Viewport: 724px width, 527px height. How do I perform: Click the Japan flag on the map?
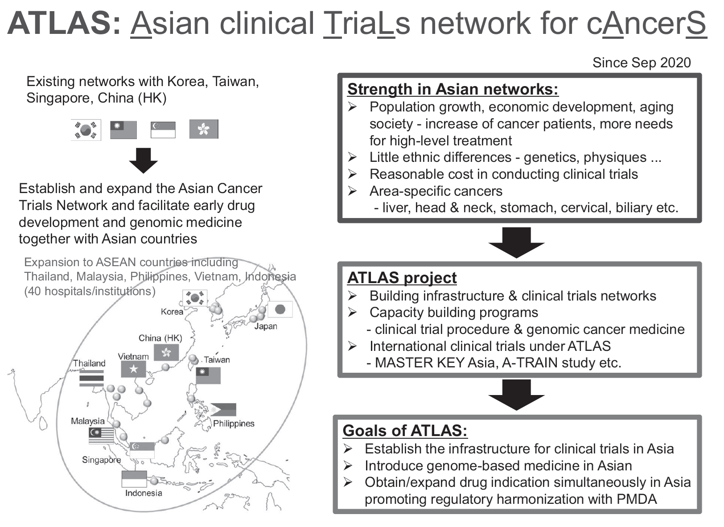(280, 309)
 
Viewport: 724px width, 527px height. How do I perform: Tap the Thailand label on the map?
(89, 363)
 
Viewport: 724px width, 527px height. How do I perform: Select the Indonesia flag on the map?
(134, 479)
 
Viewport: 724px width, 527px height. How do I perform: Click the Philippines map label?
(234, 424)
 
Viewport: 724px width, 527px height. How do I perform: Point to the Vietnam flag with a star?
(133, 369)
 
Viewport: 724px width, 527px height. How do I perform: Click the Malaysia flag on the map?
(101, 436)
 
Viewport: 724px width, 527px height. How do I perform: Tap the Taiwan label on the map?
(217, 360)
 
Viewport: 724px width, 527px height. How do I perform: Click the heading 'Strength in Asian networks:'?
(452, 89)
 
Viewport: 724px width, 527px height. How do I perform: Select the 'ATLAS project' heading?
(402, 278)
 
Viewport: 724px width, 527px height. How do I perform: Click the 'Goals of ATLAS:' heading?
(405, 431)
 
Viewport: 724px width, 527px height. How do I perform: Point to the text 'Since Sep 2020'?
(641, 63)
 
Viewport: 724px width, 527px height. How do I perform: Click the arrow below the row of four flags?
(143, 160)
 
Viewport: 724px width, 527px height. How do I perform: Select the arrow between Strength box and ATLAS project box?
(516, 242)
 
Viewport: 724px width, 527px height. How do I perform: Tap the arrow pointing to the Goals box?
(516, 395)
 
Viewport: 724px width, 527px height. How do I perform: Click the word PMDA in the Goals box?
(637, 499)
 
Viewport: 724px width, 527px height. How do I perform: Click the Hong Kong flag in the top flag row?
(204, 129)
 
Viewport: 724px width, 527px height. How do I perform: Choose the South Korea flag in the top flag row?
(86, 130)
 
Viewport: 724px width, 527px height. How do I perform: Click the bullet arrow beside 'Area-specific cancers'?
(353, 191)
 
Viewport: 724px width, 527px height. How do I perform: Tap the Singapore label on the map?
(101, 460)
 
